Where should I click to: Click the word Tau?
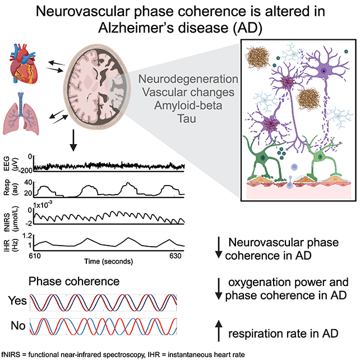(x=187, y=119)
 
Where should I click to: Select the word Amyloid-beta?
(x=188, y=105)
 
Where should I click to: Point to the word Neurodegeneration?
(x=188, y=79)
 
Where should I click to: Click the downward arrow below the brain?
(x=73, y=140)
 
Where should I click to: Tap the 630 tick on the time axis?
(x=175, y=256)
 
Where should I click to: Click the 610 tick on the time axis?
(x=35, y=256)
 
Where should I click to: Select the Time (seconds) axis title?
(x=108, y=261)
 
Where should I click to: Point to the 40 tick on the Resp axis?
(x=28, y=183)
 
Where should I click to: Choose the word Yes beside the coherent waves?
(x=17, y=301)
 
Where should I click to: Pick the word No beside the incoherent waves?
(x=18, y=325)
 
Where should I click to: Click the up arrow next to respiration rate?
(x=219, y=331)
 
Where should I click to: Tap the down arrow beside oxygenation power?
(x=219, y=289)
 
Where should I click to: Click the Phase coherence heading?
(x=74, y=281)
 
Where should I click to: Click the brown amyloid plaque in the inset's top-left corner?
(x=257, y=57)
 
